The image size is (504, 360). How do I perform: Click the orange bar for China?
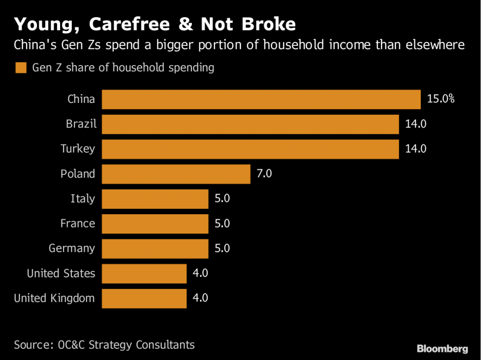click(261, 99)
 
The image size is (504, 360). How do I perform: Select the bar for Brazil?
click(250, 124)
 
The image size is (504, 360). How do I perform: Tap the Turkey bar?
click(250, 149)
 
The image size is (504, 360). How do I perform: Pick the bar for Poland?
click(176, 174)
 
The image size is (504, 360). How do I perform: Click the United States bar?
click(144, 273)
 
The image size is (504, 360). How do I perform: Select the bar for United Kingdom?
click(144, 298)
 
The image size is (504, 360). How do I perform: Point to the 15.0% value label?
click(441, 99)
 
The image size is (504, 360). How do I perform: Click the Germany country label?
click(71, 248)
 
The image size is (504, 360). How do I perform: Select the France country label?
click(77, 224)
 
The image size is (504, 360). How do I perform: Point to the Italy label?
click(82, 199)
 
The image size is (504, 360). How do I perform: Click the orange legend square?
click(20, 67)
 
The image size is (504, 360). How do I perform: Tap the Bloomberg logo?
click(442, 349)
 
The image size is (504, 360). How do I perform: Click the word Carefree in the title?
click(121, 25)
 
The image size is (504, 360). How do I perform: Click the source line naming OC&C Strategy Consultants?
click(104, 344)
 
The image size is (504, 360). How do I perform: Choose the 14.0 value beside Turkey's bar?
click(415, 149)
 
